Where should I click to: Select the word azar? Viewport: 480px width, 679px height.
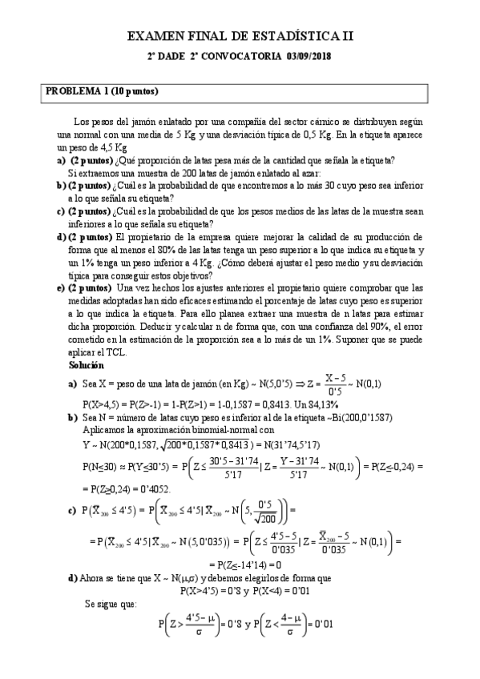[x=309, y=173]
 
